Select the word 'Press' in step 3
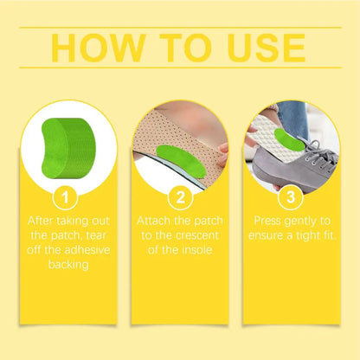click(268, 220)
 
